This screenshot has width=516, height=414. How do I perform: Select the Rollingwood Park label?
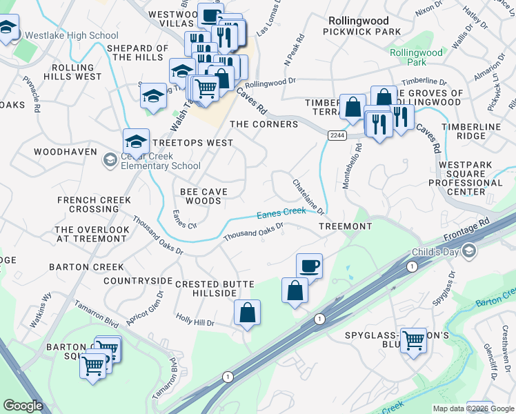click(x=416, y=57)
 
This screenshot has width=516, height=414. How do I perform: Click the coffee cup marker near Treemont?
click(x=309, y=266)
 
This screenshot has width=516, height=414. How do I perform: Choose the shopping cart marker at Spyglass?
click(x=413, y=339)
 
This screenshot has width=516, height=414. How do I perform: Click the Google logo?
click(x=23, y=406)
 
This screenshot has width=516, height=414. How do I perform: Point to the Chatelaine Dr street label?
click(x=308, y=197)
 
